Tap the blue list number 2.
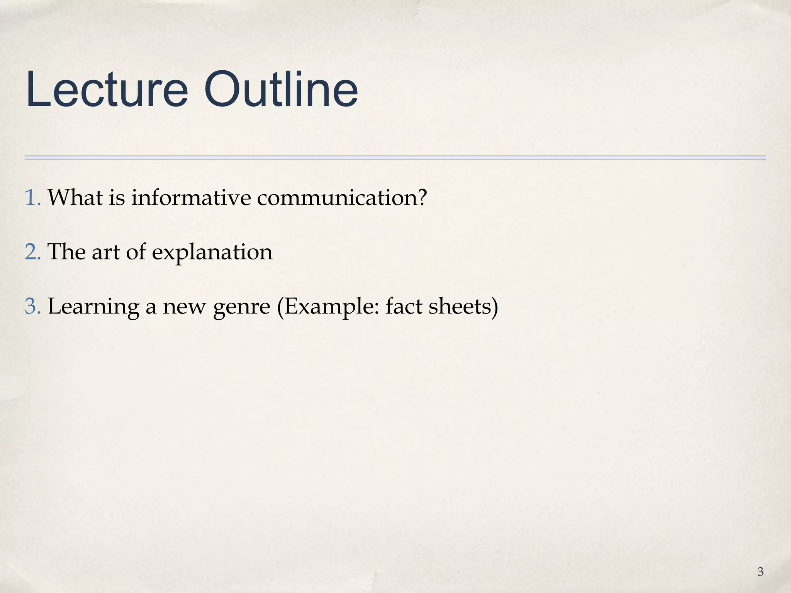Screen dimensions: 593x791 (32, 252)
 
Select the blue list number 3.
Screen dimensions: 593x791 (32, 306)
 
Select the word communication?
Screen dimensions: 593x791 (342, 197)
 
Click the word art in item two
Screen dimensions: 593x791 (105, 252)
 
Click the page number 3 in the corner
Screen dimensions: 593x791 (760, 572)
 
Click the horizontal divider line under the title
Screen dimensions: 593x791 (395, 158)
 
